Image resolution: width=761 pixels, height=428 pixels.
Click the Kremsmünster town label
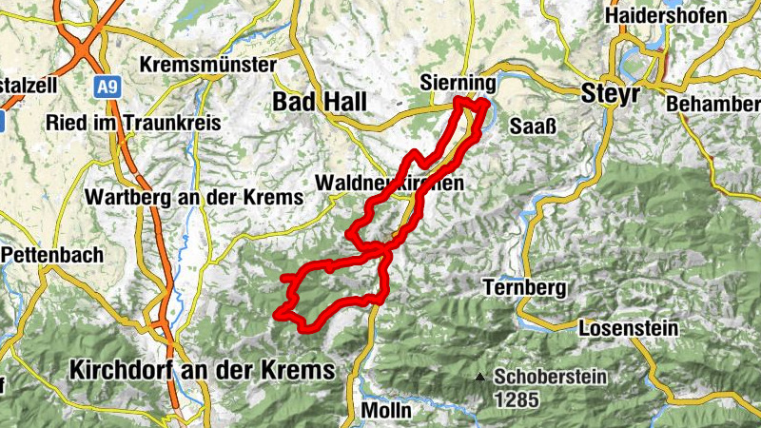click(207, 66)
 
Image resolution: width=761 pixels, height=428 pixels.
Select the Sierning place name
click(458, 85)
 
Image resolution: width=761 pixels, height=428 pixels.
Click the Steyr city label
click(607, 94)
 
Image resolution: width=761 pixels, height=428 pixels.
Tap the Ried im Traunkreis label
click(133, 124)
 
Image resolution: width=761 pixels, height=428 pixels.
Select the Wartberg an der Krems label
click(194, 197)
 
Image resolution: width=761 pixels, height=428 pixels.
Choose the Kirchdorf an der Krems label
click(203, 370)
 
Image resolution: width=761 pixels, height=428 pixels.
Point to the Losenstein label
click(628, 328)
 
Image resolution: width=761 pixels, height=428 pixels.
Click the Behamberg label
click(713, 102)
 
